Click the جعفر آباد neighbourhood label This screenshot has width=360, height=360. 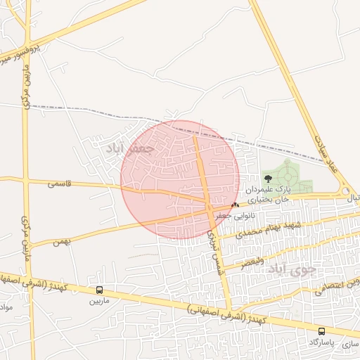tap(124, 150)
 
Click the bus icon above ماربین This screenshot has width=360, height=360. tap(99, 290)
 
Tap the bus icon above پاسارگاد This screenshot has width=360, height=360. tap(321, 331)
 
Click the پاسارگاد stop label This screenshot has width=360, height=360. tap(321, 342)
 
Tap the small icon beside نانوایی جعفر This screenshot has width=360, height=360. tap(235, 204)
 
